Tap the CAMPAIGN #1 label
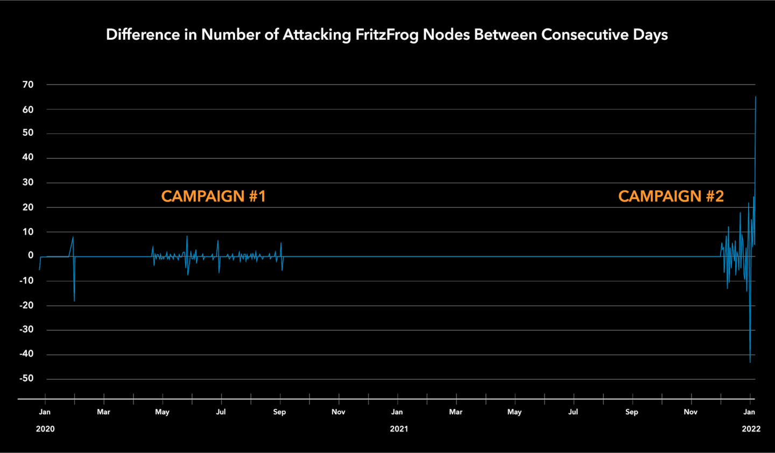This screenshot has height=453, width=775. tap(214, 197)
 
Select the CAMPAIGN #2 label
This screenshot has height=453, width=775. tap(671, 197)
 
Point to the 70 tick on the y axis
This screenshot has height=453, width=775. tap(28, 85)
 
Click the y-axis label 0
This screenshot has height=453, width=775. tap(31, 255)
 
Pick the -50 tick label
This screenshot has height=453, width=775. tap(26, 379)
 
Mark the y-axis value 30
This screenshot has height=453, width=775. tap(28, 183)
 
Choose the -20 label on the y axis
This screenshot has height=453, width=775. tap(26, 305)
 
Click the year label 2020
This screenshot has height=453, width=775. tap(45, 429)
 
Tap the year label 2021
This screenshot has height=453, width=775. tap(399, 429)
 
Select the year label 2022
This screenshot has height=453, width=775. tap(751, 429)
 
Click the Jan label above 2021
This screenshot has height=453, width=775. tap(397, 412)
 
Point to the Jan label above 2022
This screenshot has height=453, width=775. tap(749, 412)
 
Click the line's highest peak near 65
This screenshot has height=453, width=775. tap(756, 97)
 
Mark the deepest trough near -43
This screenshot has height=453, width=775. tap(750, 362)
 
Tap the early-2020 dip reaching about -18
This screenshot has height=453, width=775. tap(74, 301)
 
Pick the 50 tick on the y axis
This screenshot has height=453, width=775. tap(28, 133)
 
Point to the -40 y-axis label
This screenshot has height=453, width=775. tap(26, 354)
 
